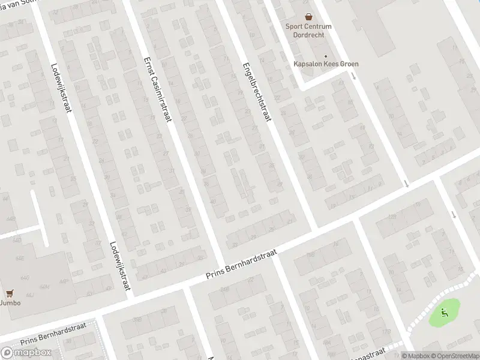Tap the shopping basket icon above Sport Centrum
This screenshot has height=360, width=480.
click(308, 17)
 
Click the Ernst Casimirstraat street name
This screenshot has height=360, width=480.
click(158, 89)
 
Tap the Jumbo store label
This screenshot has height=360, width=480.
click(10, 303)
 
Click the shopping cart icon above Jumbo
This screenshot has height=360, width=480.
click(9, 293)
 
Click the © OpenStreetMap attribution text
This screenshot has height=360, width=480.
click(455, 355)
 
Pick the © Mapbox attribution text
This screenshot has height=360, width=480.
click(416, 355)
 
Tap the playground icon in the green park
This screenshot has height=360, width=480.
click(444, 311)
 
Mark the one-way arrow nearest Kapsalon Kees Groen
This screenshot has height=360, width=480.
click(353, 76)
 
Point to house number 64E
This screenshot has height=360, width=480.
click(19, 258)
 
